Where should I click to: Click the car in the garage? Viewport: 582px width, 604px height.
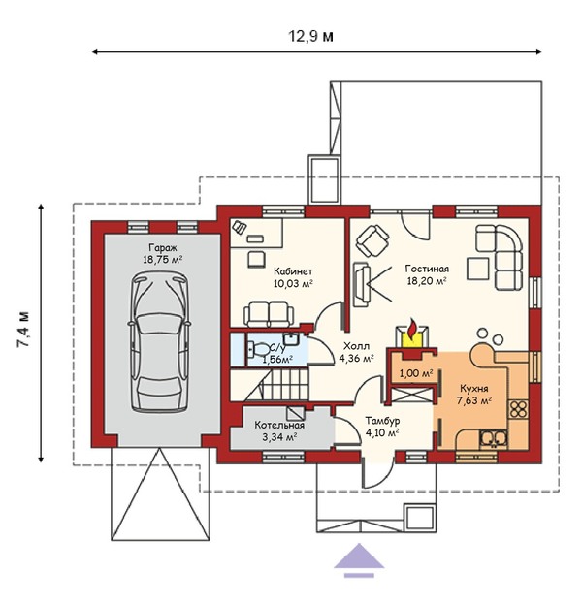(x=160, y=341)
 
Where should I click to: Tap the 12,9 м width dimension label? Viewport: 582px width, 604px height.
(x=311, y=36)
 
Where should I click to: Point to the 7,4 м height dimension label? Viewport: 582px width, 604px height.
(x=22, y=330)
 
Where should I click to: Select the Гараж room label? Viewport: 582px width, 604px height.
(x=163, y=247)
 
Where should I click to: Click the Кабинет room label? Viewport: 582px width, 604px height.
(x=293, y=271)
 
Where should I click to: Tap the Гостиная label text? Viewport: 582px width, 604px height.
(x=427, y=269)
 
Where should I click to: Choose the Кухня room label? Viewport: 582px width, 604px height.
(x=473, y=388)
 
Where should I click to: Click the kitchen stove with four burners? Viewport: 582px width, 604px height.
(x=518, y=409)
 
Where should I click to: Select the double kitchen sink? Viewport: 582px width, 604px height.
(x=493, y=438)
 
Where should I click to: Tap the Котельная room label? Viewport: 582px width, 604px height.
(x=279, y=425)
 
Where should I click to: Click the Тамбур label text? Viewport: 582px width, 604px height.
(x=382, y=420)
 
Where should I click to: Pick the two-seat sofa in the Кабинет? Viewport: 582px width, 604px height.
(x=269, y=314)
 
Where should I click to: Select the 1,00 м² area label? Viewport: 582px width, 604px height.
(x=416, y=373)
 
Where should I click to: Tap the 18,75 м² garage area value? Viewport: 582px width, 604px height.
(x=163, y=259)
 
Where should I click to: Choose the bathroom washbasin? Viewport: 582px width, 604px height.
(x=291, y=338)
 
